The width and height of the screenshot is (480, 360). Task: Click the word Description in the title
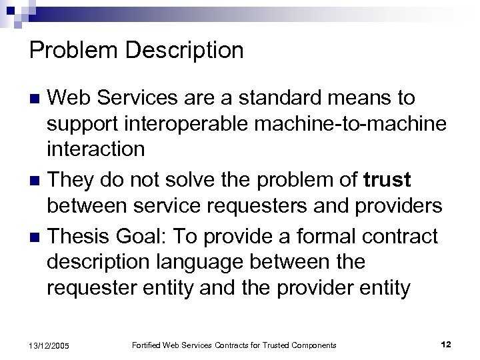pos(181,50)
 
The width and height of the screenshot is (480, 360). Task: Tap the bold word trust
pos(389,180)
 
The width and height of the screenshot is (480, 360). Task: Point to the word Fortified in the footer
pos(147,345)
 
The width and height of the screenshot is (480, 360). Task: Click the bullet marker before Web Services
pos(37,98)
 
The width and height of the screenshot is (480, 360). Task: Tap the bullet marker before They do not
pos(37,181)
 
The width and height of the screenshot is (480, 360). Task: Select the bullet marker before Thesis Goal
pos(37,235)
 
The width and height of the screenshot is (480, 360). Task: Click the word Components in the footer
pos(315,345)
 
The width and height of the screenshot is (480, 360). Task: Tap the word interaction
pos(96,149)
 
